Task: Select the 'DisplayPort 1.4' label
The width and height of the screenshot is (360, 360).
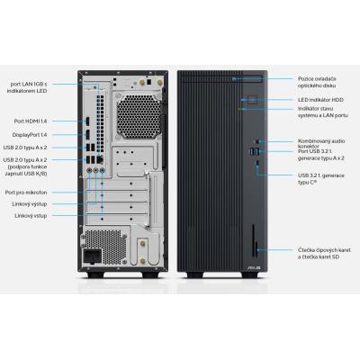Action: [x=28, y=134]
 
